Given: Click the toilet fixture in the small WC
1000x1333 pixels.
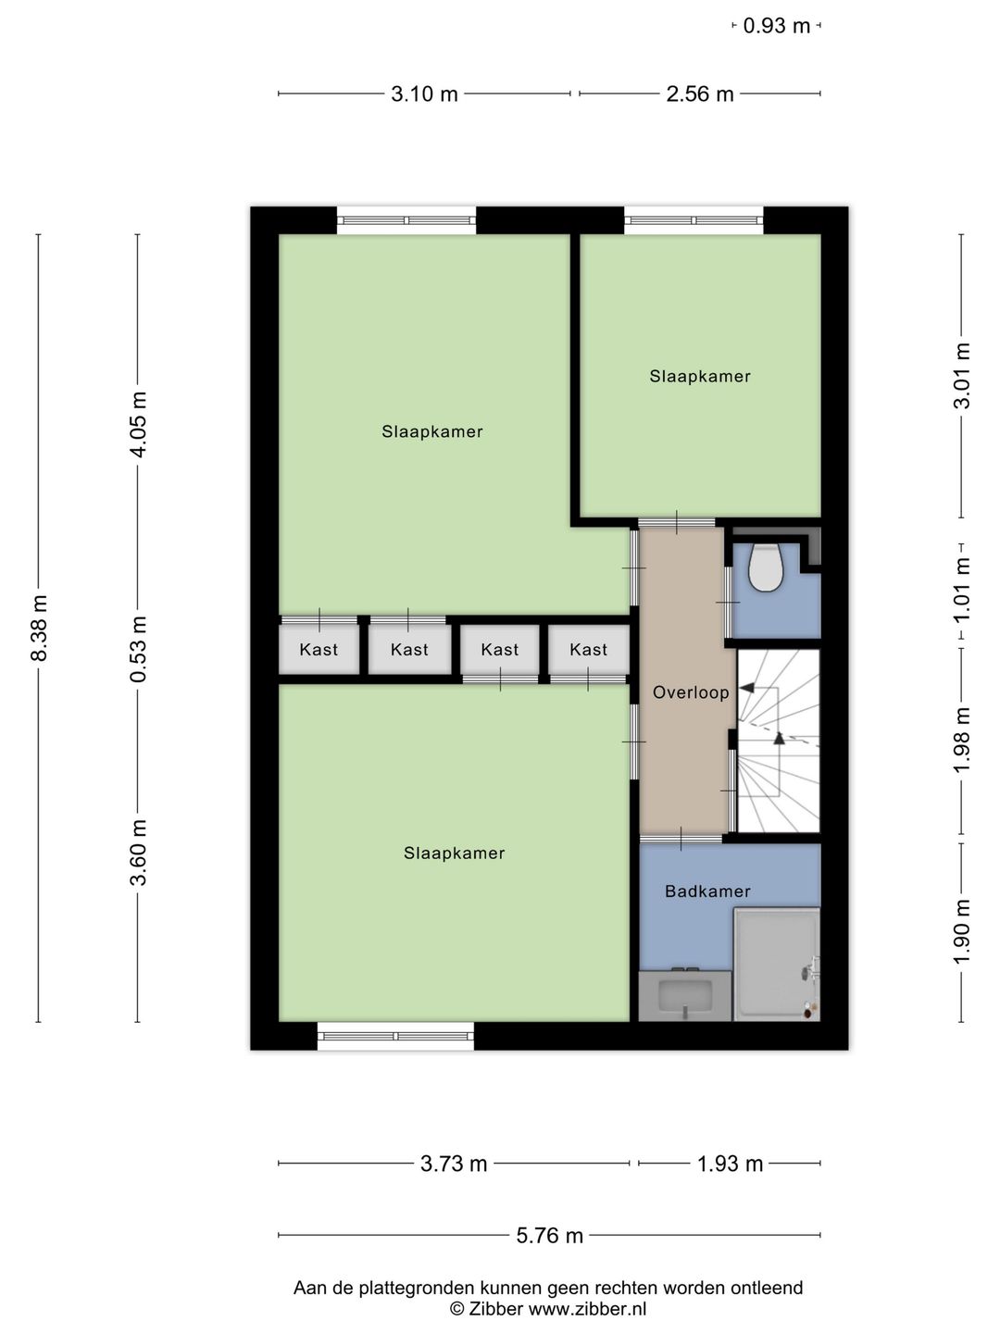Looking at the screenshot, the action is click(x=765, y=567).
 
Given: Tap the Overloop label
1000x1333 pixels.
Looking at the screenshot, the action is click(x=691, y=692).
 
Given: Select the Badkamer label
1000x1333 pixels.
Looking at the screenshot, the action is click(x=708, y=891).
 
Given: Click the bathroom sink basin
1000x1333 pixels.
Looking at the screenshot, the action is click(x=685, y=995).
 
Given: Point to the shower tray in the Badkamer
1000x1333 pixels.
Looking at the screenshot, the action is click(x=777, y=965).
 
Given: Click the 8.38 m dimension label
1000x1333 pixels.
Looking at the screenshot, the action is click(x=39, y=628).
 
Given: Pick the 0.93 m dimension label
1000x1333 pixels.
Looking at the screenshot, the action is click(x=777, y=26).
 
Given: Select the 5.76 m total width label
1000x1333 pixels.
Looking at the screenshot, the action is click(x=549, y=1235).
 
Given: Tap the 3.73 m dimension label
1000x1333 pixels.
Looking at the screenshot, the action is click(x=454, y=1164).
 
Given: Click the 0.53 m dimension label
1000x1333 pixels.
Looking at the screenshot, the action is click(x=139, y=649).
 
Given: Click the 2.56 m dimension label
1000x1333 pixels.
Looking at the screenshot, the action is click(x=699, y=94).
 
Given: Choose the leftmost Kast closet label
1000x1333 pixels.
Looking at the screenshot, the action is click(x=319, y=650).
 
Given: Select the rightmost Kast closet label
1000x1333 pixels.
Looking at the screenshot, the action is click(x=588, y=650).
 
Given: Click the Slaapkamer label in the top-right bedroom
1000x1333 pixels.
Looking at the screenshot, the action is click(x=700, y=377).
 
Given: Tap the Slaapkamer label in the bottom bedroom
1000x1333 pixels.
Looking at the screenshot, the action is click(x=454, y=853).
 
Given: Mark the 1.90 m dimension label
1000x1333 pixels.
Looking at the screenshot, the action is click(x=962, y=931).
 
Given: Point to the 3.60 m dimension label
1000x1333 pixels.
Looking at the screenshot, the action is click(x=139, y=853).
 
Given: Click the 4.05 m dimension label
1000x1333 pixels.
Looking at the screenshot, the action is click(x=139, y=425).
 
